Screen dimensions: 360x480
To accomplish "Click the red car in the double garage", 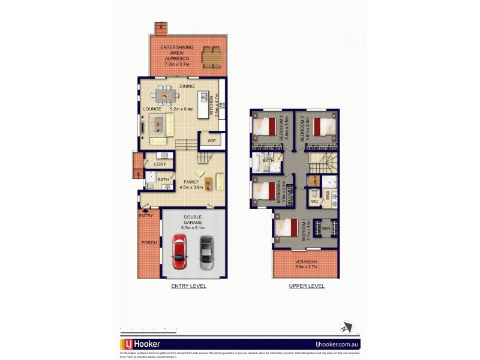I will click(x=179, y=251).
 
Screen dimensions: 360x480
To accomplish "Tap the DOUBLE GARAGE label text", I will click(x=193, y=221).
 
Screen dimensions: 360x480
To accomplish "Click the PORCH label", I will click(x=149, y=242).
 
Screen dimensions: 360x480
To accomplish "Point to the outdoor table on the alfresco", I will click(x=211, y=57).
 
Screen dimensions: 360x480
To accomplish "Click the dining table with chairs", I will click(x=166, y=94).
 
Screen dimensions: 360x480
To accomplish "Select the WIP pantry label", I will click(x=211, y=140).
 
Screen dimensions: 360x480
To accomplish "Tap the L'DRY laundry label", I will click(x=160, y=164).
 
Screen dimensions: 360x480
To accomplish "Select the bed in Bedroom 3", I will click(x=323, y=127).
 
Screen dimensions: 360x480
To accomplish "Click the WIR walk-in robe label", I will click(x=326, y=229).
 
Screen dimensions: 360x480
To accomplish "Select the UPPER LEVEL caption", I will click(x=307, y=286).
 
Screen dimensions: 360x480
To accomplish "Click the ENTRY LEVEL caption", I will click(x=188, y=286).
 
